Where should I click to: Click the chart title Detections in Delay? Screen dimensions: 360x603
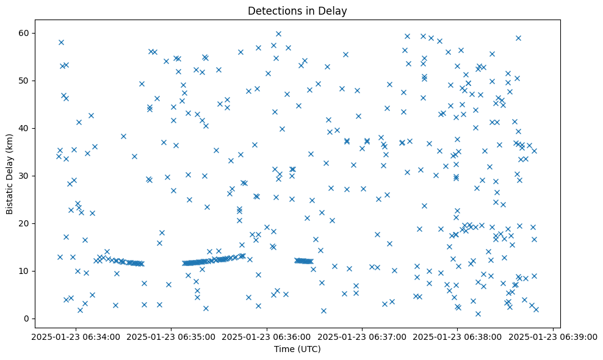tap(297, 10)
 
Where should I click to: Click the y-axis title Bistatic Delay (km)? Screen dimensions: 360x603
tap(10, 175)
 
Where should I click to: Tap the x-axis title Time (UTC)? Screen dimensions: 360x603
tap(297, 349)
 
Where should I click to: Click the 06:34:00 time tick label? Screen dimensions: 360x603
tap(76, 336)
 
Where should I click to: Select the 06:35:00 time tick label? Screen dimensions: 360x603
tap(172, 336)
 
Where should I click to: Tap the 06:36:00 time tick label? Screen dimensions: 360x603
tap(267, 336)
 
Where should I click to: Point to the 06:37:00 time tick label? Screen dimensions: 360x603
tap(362, 336)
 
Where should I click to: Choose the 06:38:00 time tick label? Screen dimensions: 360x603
tap(458, 336)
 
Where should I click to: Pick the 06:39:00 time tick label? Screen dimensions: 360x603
tap(553, 336)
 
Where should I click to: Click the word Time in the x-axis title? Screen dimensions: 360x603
tap(284, 349)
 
